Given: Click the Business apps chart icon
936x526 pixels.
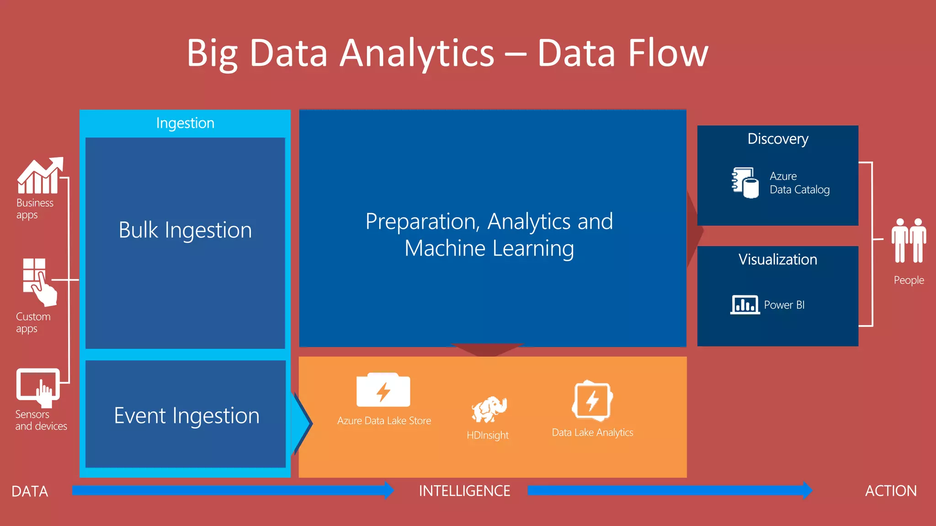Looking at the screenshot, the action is pos(40,176).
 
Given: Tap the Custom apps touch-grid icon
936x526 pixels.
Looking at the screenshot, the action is pos(39,281).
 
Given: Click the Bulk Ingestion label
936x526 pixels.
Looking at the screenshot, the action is pos(185,230).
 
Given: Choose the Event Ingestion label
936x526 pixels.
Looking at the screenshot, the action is pos(186,416).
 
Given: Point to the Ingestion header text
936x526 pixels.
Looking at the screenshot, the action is pos(185,123).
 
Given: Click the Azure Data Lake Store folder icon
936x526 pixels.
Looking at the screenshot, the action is pos(383,390).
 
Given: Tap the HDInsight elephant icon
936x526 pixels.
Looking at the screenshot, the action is pos(489,409).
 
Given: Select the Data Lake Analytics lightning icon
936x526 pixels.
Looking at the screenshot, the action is pos(592,401).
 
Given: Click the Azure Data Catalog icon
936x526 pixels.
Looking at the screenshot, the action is pos(745,183).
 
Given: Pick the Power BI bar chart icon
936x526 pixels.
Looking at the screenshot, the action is pos(745,305).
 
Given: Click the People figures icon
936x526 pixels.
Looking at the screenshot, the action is pos(909,241).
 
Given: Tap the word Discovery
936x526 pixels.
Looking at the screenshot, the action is pos(778,139).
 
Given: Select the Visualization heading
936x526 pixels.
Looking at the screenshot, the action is pos(778,259).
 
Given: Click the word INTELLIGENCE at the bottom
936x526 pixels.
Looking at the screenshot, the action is pos(464,491).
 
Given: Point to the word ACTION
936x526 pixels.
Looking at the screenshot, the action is pos(891,491).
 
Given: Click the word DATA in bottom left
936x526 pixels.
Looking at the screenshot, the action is pos(30,491).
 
